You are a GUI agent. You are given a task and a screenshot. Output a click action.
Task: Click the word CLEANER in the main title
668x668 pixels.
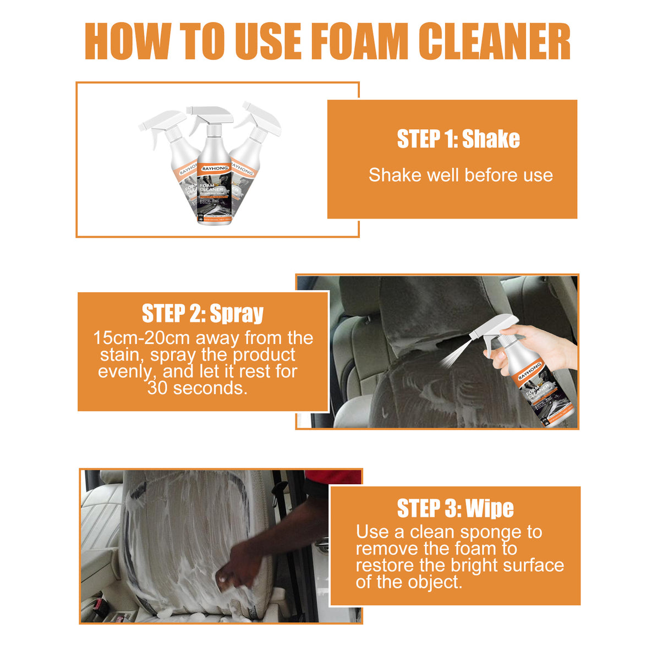[x=494, y=42]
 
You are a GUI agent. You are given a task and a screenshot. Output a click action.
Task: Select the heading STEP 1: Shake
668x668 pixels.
[x=458, y=139]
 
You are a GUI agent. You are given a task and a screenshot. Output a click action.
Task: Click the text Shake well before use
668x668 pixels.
[x=461, y=175]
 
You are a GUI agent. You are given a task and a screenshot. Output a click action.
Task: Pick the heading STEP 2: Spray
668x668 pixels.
[x=202, y=313]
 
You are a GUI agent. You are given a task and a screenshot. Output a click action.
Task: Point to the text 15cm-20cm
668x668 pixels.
[x=141, y=337]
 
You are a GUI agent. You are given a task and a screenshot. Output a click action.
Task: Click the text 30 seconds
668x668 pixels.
[x=197, y=388]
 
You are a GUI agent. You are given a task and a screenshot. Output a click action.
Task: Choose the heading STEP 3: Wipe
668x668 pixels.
[x=455, y=508]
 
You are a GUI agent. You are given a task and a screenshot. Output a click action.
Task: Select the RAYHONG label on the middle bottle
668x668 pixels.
[x=215, y=168]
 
